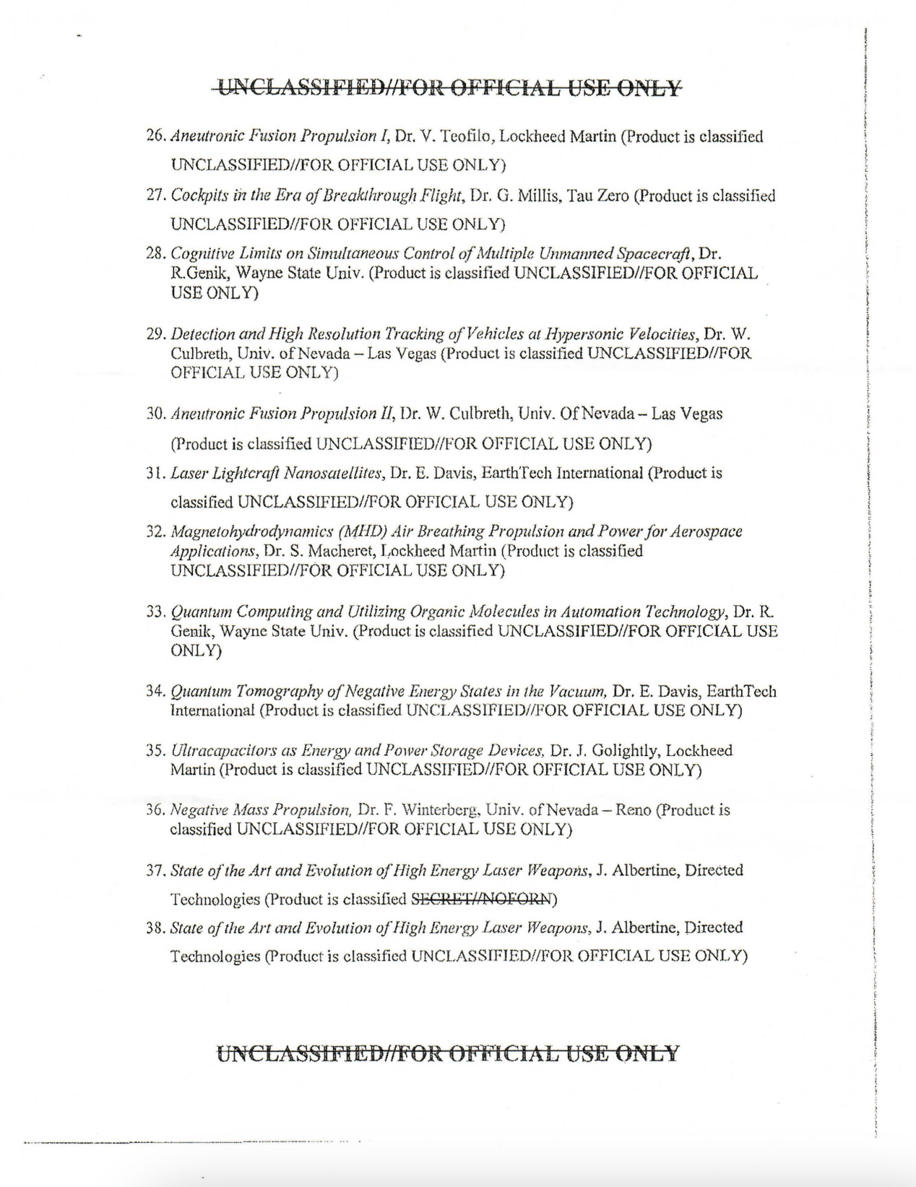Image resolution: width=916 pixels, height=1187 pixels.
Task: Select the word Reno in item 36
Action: tap(633, 810)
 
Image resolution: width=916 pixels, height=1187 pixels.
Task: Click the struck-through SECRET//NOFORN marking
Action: tap(481, 900)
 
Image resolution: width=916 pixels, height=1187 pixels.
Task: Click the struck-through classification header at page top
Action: tap(449, 88)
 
